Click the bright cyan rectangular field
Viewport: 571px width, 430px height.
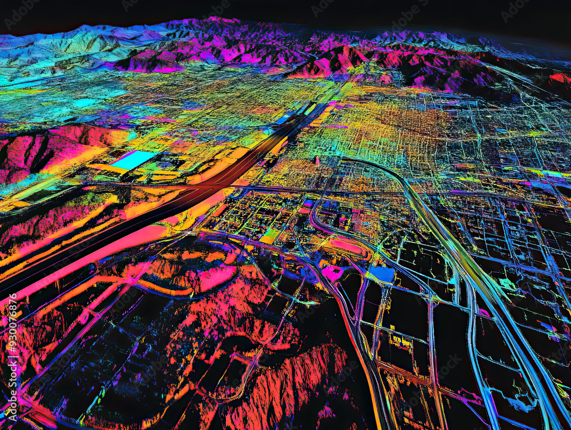coord(132,160)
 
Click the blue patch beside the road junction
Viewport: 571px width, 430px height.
coord(382,274)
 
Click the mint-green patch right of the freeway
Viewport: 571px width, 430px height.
coord(506,283)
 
